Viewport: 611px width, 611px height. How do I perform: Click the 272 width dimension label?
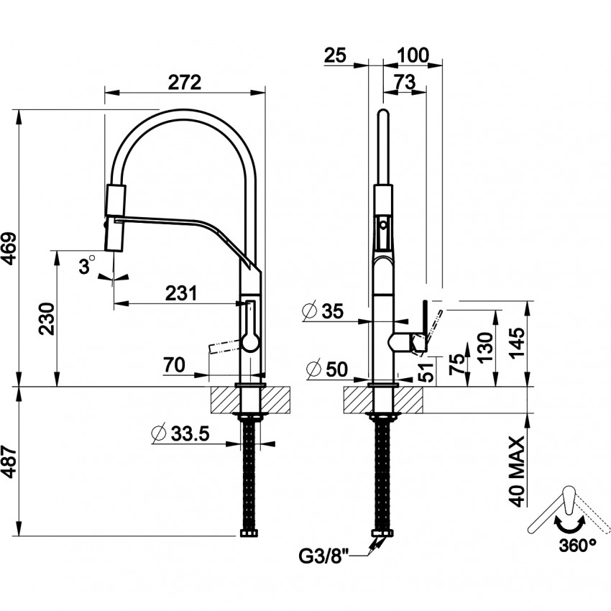tap(184, 82)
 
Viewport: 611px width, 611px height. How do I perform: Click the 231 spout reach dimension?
tap(181, 293)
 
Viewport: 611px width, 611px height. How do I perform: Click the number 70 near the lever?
tap(175, 365)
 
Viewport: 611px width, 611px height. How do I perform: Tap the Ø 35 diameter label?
tap(323, 311)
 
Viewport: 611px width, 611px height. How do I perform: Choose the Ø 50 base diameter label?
tap(326, 369)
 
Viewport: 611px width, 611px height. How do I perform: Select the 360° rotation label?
tap(577, 543)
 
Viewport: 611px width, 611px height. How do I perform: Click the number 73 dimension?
tap(405, 82)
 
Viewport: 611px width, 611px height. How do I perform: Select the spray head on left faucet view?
tap(116, 216)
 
